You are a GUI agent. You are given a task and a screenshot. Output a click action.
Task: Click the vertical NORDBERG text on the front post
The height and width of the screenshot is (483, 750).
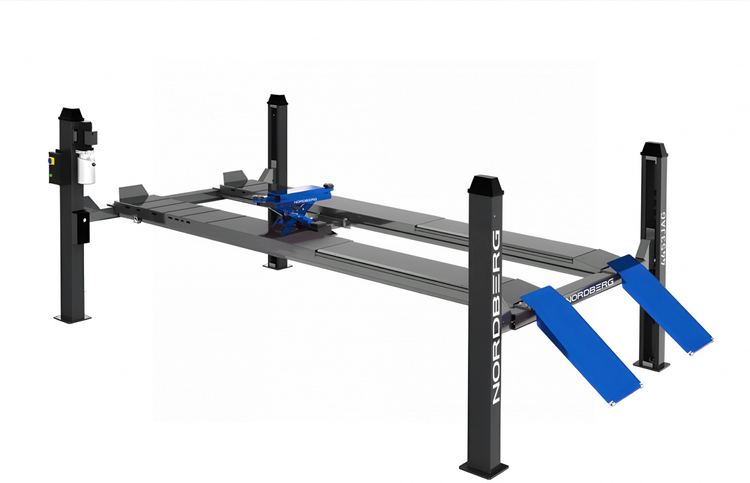496,316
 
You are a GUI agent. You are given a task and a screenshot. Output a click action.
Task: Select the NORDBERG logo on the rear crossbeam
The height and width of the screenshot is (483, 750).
590,290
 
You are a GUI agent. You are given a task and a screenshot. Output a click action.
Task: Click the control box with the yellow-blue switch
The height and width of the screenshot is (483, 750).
55,167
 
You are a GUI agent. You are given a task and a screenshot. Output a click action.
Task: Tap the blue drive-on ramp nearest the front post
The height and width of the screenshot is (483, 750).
581,345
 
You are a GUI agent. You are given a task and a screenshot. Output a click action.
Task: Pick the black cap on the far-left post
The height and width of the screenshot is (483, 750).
71,114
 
